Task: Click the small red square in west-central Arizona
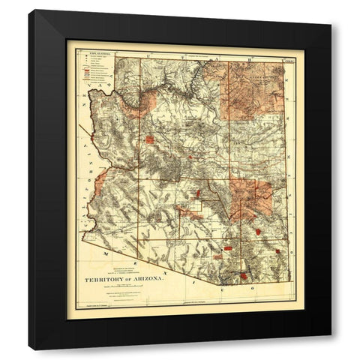[x=150, y=139]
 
